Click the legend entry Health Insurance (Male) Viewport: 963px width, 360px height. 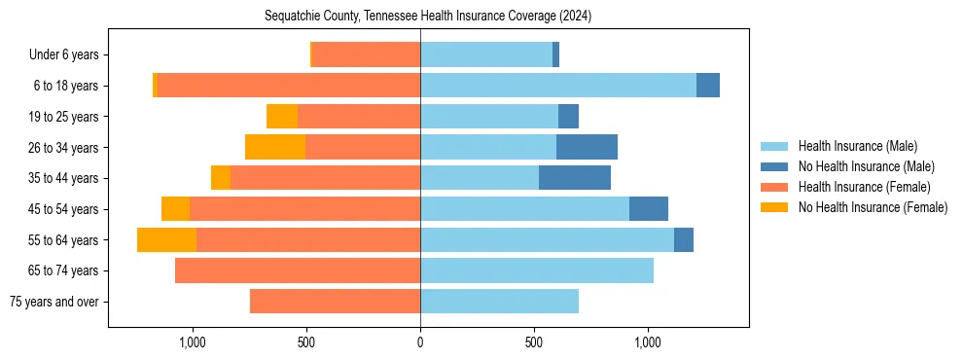(857, 146)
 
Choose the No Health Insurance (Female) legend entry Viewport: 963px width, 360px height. (873, 207)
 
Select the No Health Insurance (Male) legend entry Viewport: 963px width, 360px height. (866, 166)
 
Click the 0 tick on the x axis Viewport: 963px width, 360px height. (420, 342)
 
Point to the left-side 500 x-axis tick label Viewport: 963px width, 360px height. (306, 342)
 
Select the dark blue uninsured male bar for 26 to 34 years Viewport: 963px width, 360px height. (587, 147)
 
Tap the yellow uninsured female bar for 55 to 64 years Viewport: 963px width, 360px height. (166, 239)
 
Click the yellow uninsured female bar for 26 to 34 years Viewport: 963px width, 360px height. (275, 147)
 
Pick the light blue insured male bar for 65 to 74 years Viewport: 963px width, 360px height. (537, 270)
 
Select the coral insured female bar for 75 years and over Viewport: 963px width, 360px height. (335, 302)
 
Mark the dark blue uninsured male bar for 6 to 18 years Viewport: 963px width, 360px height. (708, 86)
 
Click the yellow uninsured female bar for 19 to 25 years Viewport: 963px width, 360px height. (282, 117)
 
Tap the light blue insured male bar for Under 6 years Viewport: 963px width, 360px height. (486, 54)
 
